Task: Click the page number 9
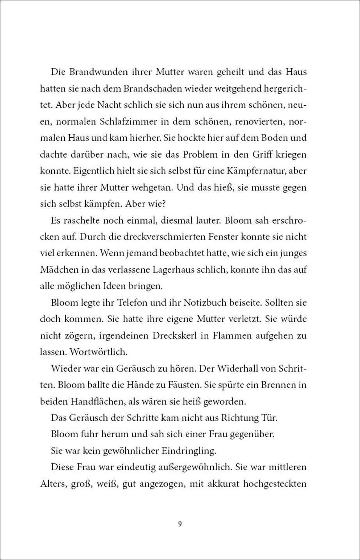(x=180, y=524)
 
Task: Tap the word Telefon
(x=124, y=302)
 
